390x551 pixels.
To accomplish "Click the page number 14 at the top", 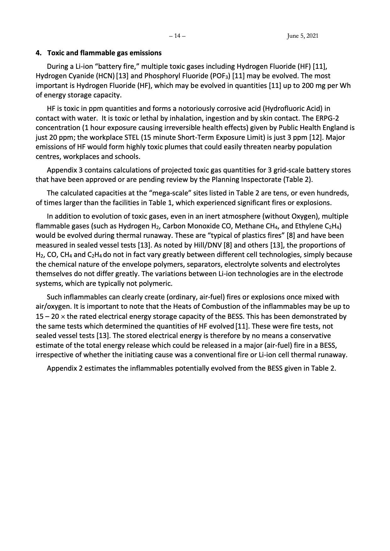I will click(177, 36).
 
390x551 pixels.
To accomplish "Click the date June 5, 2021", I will click(302, 36).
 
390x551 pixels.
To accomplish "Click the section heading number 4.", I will click(38, 53).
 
